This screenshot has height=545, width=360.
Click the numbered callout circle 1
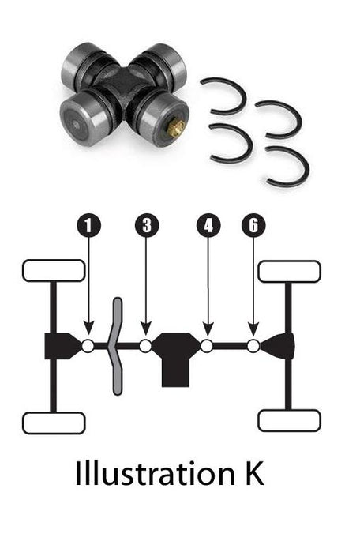(88, 225)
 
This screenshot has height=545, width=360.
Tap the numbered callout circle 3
(146, 225)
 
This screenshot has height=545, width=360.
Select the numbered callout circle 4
(208, 225)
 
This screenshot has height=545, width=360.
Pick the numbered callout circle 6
(253, 225)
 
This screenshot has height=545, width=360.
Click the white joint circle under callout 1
(88, 346)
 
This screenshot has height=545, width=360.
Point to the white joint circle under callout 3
(146, 346)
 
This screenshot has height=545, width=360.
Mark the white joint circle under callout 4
(207, 346)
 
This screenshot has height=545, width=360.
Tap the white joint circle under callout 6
(253, 346)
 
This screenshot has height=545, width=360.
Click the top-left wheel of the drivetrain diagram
(54, 271)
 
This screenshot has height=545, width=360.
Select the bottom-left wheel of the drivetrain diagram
(54, 423)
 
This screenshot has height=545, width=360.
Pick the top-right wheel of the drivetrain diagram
(289, 271)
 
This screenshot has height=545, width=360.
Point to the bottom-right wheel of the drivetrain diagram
(289, 420)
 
